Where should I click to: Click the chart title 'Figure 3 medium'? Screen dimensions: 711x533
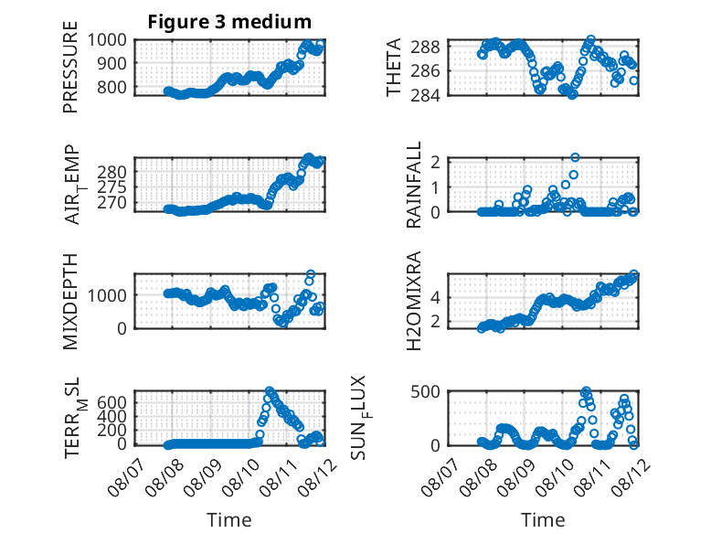coord(229,22)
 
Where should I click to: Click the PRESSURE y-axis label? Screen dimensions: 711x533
coord(70,67)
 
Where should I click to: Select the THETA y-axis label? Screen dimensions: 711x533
coord(394,67)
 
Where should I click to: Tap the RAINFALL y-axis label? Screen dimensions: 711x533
coord(414,184)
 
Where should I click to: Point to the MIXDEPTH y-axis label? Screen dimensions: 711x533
coord(70,301)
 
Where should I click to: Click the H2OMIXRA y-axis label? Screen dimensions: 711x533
coord(414,301)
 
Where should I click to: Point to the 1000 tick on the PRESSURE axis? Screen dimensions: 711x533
coord(107,40)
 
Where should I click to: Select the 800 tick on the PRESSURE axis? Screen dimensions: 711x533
coord(112,87)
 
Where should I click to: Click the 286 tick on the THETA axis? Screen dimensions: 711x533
coord(425,70)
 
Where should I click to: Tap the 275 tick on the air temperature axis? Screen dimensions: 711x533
coord(112,187)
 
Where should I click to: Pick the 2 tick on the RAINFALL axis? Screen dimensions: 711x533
coord(436,162)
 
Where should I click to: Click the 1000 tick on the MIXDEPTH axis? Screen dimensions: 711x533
coord(107,295)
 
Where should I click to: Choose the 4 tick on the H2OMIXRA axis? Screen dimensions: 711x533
coord(436,298)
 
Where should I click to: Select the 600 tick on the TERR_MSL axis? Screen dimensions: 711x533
coord(112,403)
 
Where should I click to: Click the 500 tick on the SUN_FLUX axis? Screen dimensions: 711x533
coord(425,391)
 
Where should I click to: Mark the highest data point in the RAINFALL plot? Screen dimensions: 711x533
coord(575,157)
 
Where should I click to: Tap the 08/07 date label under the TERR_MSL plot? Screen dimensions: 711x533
coord(126,476)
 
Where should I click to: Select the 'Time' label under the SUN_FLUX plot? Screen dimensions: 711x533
coord(543,520)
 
